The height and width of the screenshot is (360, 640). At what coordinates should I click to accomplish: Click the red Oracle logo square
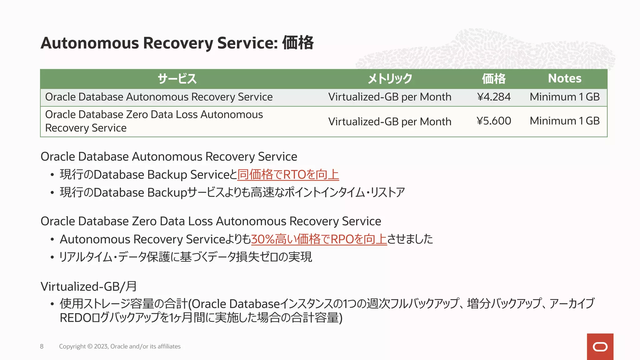click(x=600, y=347)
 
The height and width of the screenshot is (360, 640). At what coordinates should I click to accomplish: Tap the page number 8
click(x=42, y=346)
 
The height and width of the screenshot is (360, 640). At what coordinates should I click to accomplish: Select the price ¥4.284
click(x=494, y=97)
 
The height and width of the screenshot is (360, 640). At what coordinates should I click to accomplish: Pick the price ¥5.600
click(x=494, y=121)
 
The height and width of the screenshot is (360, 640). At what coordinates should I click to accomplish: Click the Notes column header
click(x=564, y=78)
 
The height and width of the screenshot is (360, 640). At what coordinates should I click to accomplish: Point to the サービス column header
click(x=177, y=79)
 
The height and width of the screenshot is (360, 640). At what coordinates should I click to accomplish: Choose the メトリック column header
click(x=390, y=79)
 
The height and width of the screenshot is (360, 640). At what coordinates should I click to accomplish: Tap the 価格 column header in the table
click(x=493, y=79)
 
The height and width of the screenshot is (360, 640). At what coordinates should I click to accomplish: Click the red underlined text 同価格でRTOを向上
click(x=288, y=174)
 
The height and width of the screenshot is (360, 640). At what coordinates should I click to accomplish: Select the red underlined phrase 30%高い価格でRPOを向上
click(x=319, y=239)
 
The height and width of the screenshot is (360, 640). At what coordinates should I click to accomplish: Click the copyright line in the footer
click(x=120, y=346)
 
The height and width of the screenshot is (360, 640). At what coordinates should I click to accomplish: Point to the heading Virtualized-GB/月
click(x=88, y=286)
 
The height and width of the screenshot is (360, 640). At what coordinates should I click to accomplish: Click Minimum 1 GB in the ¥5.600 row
click(x=564, y=121)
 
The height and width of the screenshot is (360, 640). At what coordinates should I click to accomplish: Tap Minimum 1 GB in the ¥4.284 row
click(x=564, y=97)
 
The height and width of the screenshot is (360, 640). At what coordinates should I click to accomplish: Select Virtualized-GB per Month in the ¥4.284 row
click(x=390, y=97)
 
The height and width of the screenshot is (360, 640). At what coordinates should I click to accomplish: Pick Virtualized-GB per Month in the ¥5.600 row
click(x=390, y=122)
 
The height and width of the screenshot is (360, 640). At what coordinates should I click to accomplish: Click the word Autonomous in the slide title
click(x=89, y=43)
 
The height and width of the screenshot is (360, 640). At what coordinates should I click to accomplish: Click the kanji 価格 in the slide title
click(x=298, y=43)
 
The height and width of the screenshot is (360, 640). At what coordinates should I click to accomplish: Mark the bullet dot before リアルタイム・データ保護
click(x=52, y=257)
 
